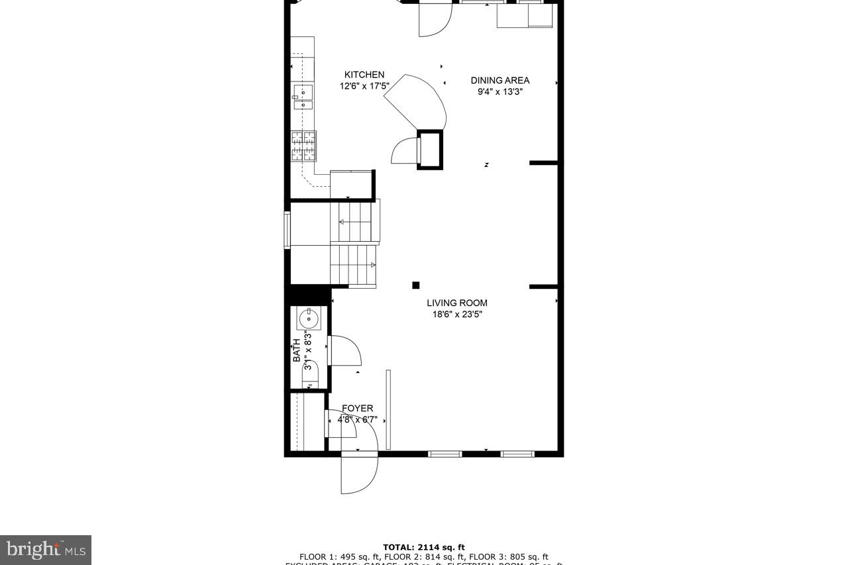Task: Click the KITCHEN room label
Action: click(364, 75)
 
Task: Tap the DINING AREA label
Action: click(500, 81)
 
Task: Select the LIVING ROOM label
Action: click(456, 303)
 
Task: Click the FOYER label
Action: click(357, 409)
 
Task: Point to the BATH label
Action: click(297, 350)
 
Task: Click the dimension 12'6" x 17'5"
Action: click(364, 86)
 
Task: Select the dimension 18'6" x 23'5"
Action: click(456, 315)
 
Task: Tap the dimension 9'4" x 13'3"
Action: click(500, 92)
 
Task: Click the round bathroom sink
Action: click(309, 319)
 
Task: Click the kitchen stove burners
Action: click(303, 146)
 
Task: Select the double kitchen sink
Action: click(303, 97)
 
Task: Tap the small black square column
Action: click(416, 285)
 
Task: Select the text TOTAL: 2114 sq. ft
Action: click(423, 547)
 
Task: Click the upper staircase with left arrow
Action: click(356, 222)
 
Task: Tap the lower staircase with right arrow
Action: click(353, 265)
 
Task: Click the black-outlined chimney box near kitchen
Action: click(429, 150)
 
